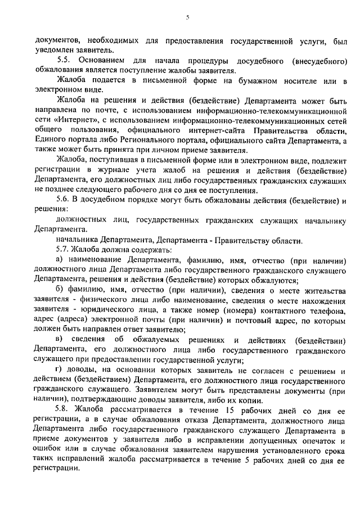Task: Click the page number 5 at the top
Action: (187, 18)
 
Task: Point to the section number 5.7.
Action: (63, 249)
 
